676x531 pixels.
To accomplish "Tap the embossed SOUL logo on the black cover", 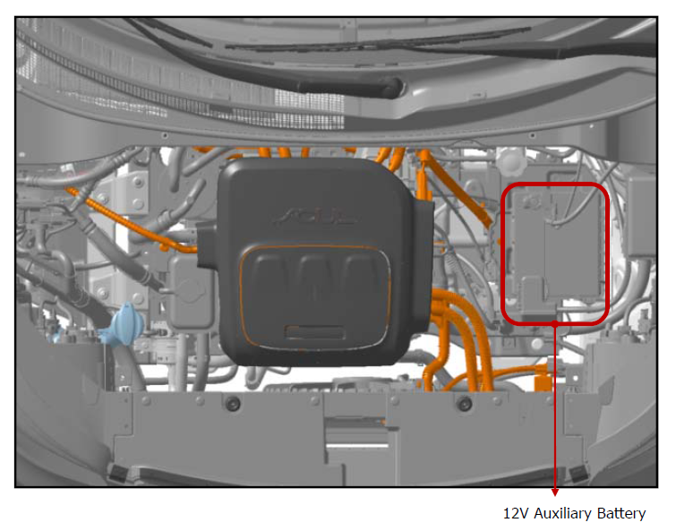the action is (315, 217).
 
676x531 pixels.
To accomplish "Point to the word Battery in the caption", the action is (621, 513).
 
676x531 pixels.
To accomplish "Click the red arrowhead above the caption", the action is (555, 492).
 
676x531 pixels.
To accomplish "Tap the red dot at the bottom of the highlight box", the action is (555, 323).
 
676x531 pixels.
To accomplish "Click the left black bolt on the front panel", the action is (233, 404).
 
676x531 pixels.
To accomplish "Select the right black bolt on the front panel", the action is (465, 404).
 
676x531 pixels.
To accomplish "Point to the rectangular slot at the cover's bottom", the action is (314, 332).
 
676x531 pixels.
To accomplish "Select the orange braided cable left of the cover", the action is (129, 220).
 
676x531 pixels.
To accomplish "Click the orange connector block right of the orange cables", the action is (543, 381).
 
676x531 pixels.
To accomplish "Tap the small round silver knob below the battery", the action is (537, 344).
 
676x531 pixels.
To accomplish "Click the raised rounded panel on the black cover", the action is (315, 296).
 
